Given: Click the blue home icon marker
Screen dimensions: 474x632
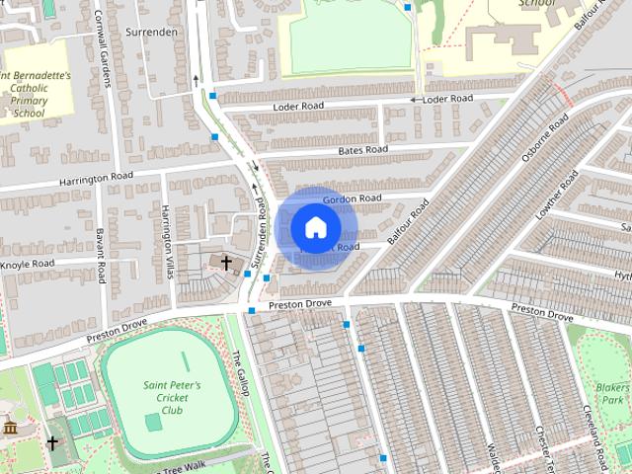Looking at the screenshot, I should (x=315, y=227).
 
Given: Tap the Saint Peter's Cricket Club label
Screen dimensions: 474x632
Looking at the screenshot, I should (x=172, y=397).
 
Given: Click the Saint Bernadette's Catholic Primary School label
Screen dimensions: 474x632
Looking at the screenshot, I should (x=35, y=94).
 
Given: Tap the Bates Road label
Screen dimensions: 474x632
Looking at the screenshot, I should (x=362, y=150).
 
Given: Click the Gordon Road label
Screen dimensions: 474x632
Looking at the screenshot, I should (x=351, y=198).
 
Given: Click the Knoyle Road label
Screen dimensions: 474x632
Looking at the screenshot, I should (x=27, y=265).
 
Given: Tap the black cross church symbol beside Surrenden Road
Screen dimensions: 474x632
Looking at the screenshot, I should (x=227, y=263).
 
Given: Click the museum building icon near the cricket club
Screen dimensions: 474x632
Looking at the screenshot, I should (x=11, y=428).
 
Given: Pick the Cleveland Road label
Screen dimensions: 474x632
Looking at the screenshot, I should (x=599, y=434).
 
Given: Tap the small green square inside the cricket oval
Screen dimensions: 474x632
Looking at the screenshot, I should (x=153, y=423).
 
